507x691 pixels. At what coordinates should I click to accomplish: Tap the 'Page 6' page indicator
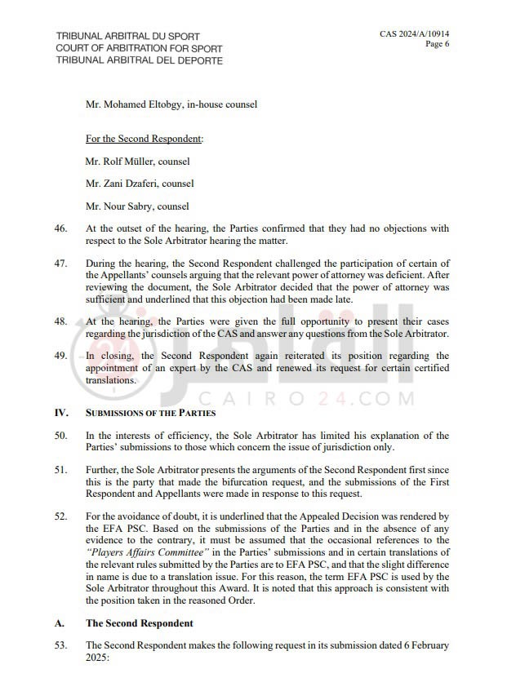pyautogui.click(x=437, y=44)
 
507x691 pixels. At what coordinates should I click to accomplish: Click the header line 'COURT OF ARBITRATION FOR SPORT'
pyautogui.click(x=139, y=49)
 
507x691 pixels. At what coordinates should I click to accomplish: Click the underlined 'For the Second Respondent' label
pyautogui.click(x=143, y=139)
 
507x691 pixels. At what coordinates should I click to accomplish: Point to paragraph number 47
pyautogui.click(x=60, y=265)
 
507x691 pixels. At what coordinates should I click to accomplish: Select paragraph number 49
pyautogui.click(x=60, y=356)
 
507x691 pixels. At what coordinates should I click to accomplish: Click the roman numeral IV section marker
pyautogui.click(x=61, y=413)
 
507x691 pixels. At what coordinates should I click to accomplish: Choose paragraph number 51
pyautogui.click(x=60, y=471)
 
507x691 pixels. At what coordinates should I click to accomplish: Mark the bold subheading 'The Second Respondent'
pyautogui.click(x=139, y=623)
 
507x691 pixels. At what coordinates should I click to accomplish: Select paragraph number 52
pyautogui.click(x=60, y=516)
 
